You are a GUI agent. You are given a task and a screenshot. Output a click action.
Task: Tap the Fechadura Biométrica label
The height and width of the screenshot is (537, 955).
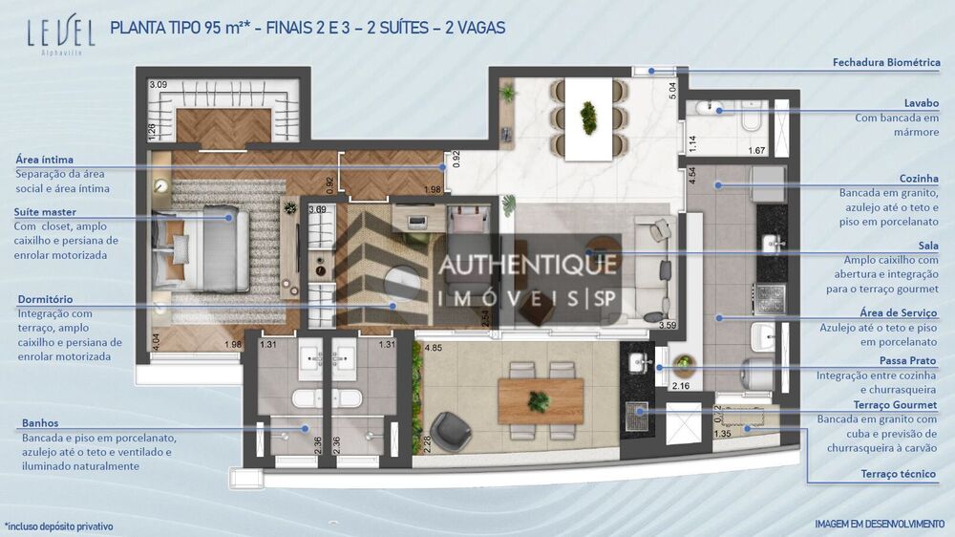tap(886, 63)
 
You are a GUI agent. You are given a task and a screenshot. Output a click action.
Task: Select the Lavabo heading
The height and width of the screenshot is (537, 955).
tap(922, 102)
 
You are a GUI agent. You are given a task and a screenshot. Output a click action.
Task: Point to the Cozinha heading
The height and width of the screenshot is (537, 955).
tap(919, 178)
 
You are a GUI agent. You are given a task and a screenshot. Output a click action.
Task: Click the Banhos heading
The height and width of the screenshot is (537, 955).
tap(40, 422)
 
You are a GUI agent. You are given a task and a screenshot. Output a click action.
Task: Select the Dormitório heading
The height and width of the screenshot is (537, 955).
tap(45, 299)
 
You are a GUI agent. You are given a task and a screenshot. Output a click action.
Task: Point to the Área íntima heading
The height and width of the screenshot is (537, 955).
tap(45, 160)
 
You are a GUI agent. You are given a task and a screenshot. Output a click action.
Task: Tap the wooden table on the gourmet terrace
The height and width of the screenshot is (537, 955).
tap(540, 400)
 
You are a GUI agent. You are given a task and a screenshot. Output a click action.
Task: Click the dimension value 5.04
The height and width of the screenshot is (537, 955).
tap(672, 91)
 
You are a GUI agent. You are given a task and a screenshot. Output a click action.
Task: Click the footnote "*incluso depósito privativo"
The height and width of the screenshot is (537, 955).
tap(59, 526)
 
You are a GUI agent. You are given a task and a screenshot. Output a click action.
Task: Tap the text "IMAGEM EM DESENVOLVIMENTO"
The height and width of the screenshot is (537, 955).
tap(879, 524)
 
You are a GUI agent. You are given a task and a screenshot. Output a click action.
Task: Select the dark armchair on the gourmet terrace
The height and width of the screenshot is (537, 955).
tap(450, 430)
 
